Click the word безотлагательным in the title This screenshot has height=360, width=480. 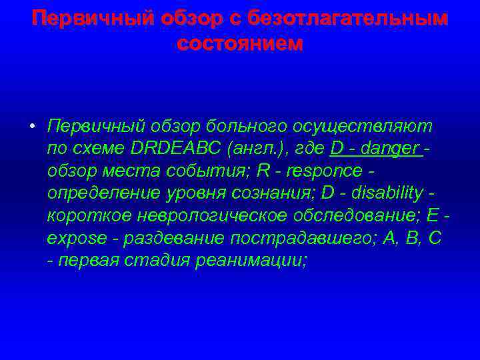[347, 19]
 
